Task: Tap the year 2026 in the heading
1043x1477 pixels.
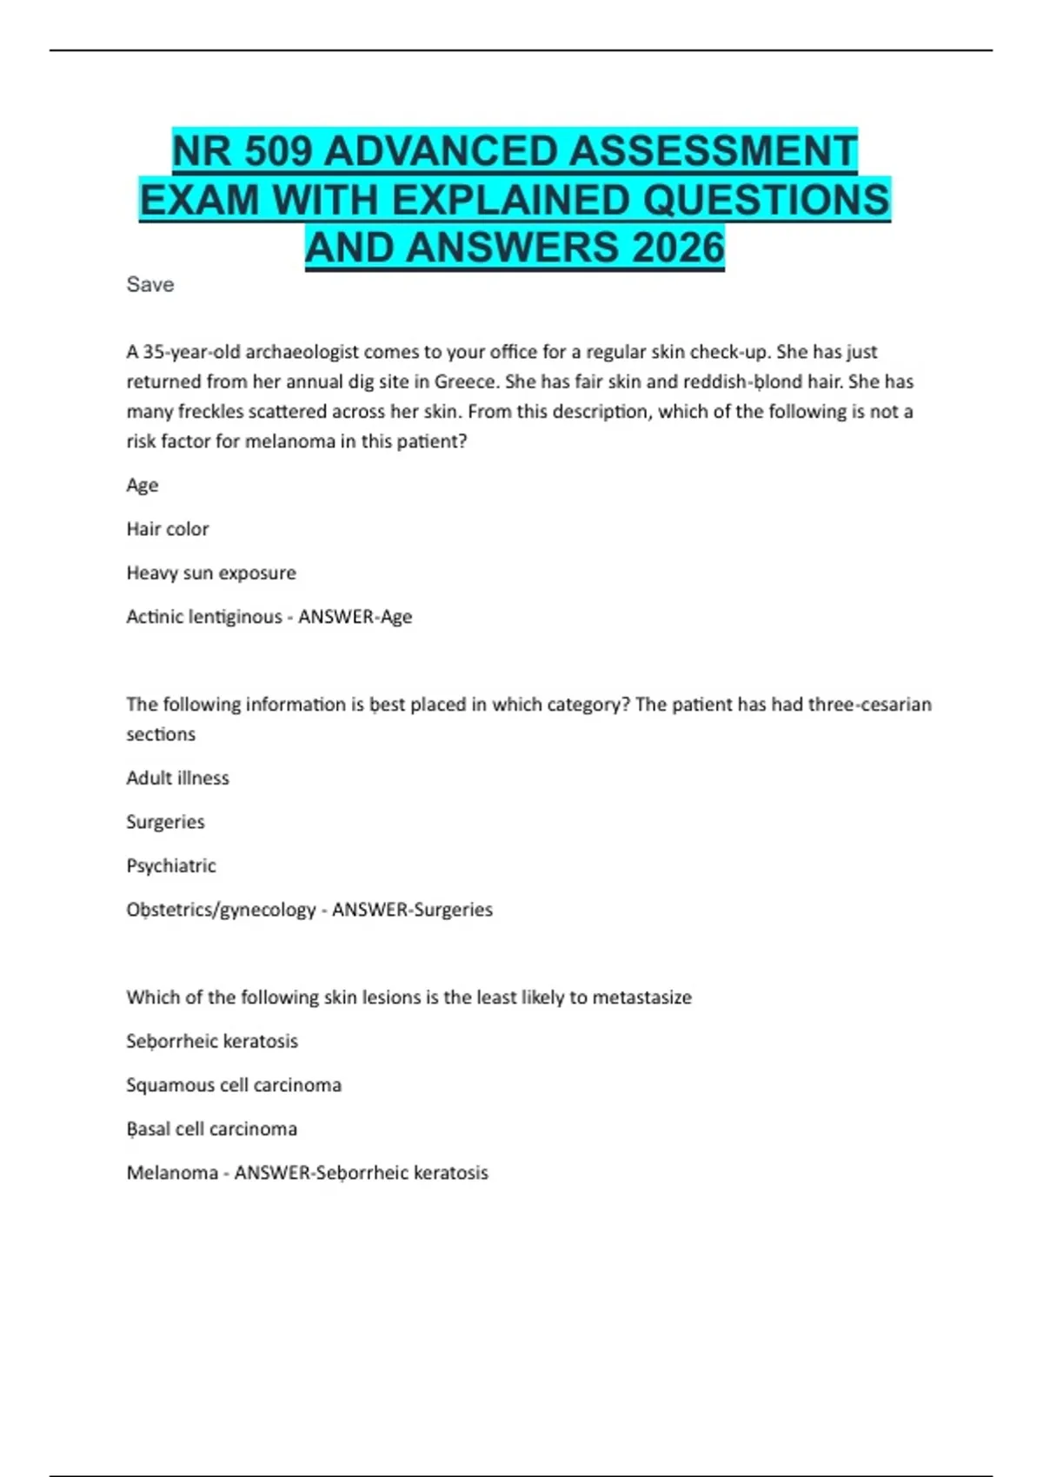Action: pyautogui.click(x=678, y=248)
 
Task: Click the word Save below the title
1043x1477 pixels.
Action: pyautogui.click(x=150, y=285)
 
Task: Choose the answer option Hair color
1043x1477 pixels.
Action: pyautogui.click(x=168, y=529)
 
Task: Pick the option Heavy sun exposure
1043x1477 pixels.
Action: pyautogui.click(x=211, y=573)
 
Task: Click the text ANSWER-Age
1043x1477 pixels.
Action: pyautogui.click(x=355, y=617)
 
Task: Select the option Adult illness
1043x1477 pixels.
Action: pyautogui.click(x=178, y=778)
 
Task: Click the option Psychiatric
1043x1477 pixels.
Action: pyautogui.click(x=171, y=866)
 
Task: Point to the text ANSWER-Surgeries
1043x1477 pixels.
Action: pyautogui.click(x=412, y=910)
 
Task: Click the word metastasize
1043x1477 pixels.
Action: pyautogui.click(x=641, y=997)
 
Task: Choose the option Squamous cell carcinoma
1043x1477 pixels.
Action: pyautogui.click(x=234, y=1085)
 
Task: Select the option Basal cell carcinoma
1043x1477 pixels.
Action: pyautogui.click(x=212, y=1129)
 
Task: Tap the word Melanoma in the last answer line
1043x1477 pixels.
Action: pyautogui.click(x=172, y=1173)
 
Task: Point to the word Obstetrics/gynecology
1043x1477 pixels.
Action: pyautogui.click(x=221, y=910)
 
